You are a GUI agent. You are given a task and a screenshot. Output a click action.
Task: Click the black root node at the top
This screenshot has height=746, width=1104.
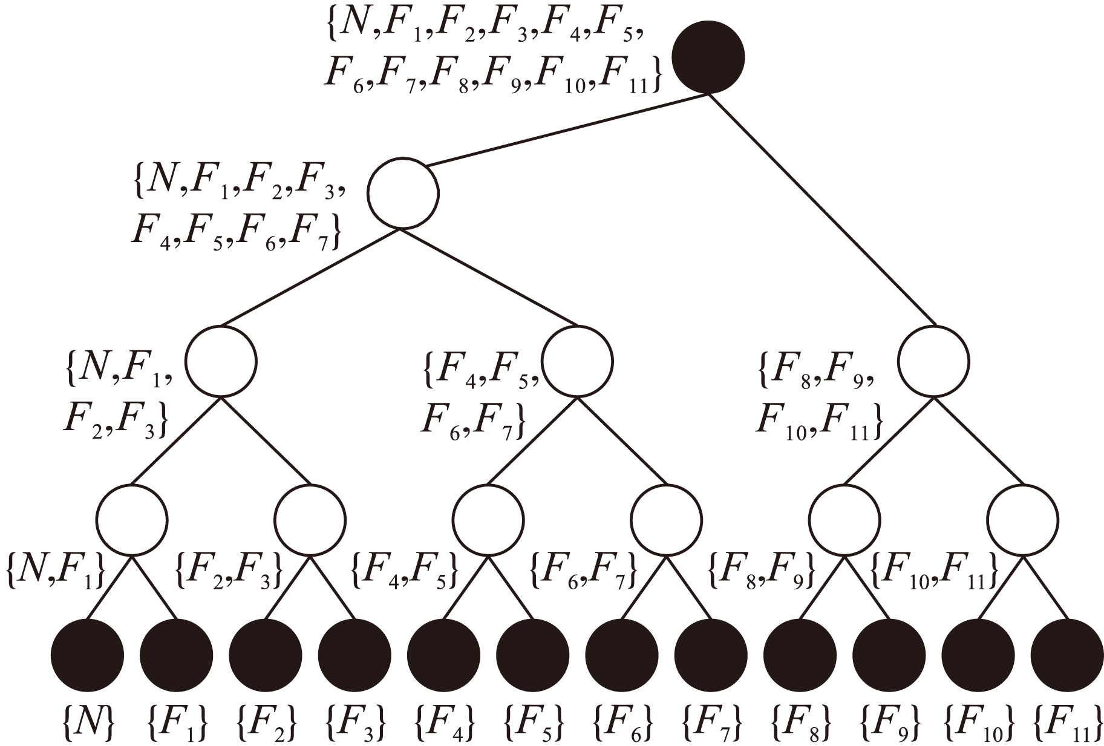(708, 57)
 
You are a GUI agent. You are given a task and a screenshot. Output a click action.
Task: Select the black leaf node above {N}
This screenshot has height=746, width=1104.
(88, 655)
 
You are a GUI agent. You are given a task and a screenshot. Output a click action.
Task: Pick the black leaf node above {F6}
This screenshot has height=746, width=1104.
(622, 655)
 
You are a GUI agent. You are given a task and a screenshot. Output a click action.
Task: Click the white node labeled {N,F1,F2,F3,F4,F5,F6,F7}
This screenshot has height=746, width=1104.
(403, 194)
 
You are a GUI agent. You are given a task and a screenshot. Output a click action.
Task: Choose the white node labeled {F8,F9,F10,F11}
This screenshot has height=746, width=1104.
(933, 362)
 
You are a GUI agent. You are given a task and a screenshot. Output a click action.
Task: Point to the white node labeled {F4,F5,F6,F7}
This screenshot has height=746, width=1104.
(577, 362)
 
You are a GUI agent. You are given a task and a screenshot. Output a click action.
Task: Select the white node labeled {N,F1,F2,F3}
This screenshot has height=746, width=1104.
(221, 362)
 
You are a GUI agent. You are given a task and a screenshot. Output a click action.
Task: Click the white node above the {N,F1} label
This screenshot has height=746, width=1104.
(132, 520)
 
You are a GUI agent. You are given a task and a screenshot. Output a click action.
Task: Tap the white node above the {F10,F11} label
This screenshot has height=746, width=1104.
(1023, 520)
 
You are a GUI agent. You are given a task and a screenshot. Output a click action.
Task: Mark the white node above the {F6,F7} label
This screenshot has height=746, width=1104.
(667, 520)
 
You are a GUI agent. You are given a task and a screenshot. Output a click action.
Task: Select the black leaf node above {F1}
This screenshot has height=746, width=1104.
(177, 655)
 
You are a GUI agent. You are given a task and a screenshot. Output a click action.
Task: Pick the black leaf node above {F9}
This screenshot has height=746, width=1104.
(889, 655)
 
